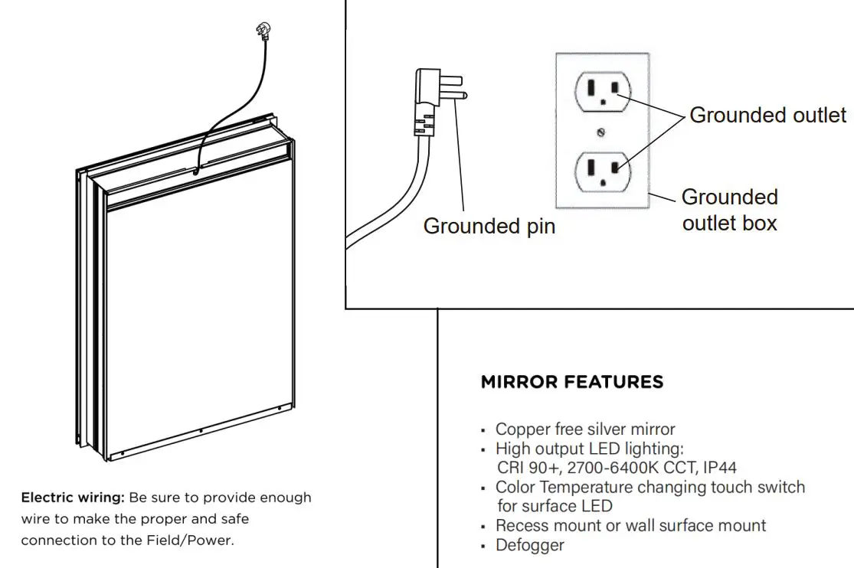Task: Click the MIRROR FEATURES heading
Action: click(571, 382)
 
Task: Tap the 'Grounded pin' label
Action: click(489, 226)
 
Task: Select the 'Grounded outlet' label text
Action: click(767, 116)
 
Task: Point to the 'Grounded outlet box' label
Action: click(729, 210)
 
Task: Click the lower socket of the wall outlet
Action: click(604, 169)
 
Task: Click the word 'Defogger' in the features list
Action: click(529, 545)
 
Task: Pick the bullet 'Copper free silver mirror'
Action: click(585, 429)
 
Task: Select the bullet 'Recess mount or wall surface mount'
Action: click(630, 526)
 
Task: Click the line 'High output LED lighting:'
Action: click(589, 449)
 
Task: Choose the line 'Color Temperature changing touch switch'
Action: click(649, 488)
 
